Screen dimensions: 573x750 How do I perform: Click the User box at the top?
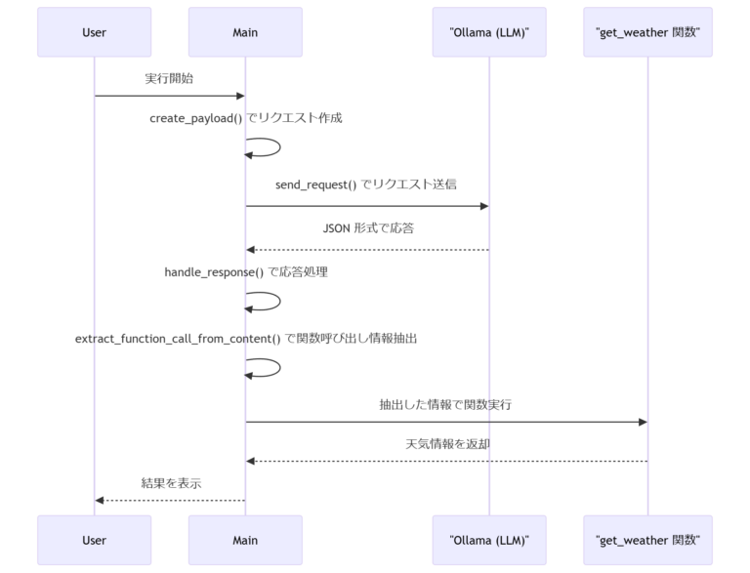pos(94,32)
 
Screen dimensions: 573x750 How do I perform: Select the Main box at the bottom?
pos(245,540)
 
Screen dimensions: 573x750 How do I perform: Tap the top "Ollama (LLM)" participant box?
pos(488,32)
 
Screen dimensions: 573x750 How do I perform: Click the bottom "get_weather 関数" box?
pos(647,540)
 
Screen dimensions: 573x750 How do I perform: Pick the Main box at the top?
pos(245,32)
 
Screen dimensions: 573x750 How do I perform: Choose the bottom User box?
pos(94,540)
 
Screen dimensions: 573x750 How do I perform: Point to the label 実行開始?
pos(169,78)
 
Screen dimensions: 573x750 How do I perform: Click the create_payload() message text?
pos(245,117)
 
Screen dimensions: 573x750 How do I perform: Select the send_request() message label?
pos(366,184)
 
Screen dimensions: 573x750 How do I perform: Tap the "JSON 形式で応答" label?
pos(366,228)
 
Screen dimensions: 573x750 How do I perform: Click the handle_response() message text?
pos(245,272)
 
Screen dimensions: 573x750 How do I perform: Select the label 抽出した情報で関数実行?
pos(445,403)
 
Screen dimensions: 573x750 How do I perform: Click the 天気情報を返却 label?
pos(445,443)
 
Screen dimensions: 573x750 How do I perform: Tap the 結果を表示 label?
pos(169,482)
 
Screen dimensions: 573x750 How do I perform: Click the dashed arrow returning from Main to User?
pos(169,500)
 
